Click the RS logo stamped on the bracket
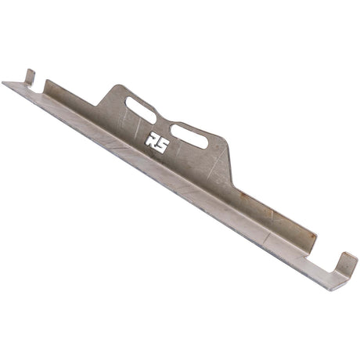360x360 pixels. [x=157, y=143]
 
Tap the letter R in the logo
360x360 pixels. [x=151, y=141]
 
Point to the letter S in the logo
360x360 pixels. [x=161, y=145]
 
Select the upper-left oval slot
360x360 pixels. [x=141, y=110]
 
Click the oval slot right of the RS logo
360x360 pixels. [x=189, y=136]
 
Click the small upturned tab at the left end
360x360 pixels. [x=30, y=77]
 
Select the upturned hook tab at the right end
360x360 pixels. [x=346, y=264]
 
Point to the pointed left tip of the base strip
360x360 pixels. [x=2, y=83]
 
